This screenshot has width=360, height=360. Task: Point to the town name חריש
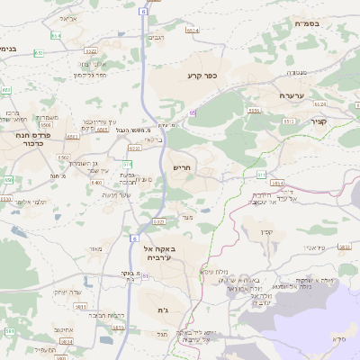coord(183,168)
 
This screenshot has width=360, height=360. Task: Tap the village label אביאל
coord(66,17)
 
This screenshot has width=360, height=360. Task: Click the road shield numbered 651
coord(39,54)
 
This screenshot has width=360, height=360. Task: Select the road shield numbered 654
coord(57,35)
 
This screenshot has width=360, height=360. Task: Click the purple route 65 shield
coord(192,112)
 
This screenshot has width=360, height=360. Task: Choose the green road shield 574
coord(128,164)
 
